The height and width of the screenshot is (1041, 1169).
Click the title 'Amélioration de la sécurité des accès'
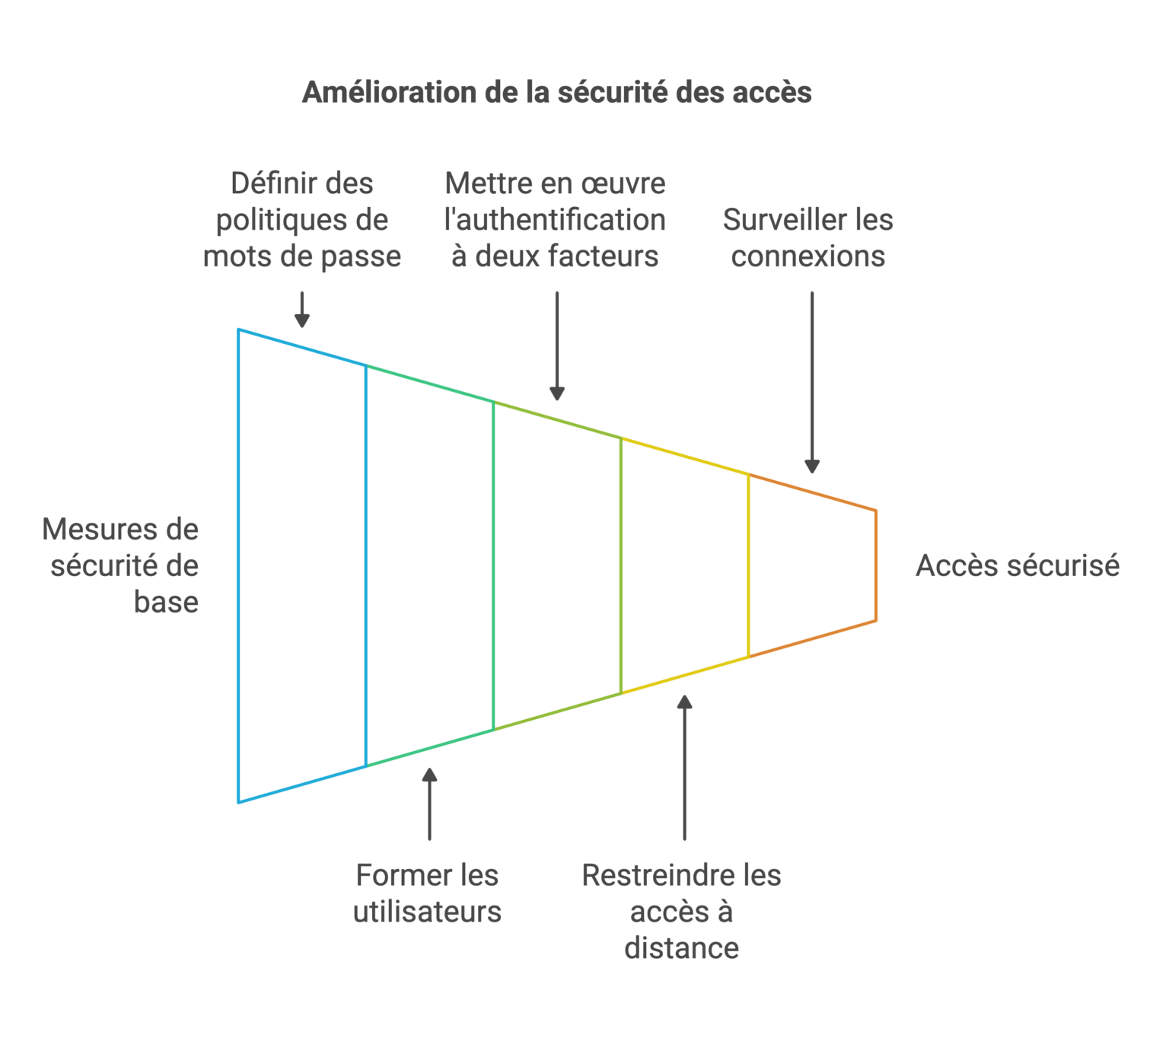click(556, 92)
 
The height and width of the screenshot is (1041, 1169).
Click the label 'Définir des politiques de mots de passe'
click(302, 220)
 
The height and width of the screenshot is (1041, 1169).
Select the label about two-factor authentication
click(555, 220)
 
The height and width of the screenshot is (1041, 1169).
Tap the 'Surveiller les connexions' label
click(807, 237)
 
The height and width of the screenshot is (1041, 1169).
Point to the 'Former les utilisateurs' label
click(427, 893)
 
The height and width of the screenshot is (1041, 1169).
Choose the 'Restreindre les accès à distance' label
click(681, 912)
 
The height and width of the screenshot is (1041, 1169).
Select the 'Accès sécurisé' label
click(1017, 565)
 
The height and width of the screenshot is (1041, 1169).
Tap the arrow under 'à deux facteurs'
click(557, 345)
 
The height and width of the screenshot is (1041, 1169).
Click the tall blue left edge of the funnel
click(239, 565)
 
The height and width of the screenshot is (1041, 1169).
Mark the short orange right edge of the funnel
click(876, 565)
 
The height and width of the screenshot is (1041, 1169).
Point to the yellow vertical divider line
click(749, 565)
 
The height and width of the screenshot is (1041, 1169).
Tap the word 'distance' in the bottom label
click(681, 948)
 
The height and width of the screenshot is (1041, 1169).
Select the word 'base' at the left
click(167, 602)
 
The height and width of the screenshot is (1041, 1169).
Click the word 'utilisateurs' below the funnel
click(427, 912)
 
